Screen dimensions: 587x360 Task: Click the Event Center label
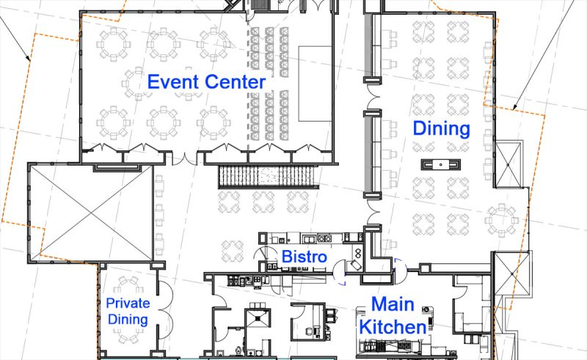pos(206,82)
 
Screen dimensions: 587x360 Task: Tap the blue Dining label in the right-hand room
pos(442,129)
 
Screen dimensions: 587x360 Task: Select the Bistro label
pos(304,257)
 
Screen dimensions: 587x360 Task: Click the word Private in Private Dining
pos(128,303)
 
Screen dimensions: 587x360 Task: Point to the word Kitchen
pos(393,327)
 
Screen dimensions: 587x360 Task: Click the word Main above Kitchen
pos(393,304)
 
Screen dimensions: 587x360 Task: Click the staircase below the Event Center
pos(268,177)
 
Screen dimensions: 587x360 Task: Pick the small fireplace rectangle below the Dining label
pos(441,164)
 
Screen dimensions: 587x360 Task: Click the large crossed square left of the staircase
pos(91,213)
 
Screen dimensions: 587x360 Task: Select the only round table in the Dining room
pos(502,220)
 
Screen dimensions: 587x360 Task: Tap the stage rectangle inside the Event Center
pos(315,84)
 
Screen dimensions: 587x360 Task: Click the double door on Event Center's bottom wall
pos(184,158)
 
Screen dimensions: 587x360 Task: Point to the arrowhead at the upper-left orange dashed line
pos(28,58)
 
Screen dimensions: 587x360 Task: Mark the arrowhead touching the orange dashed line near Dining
pos(514,107)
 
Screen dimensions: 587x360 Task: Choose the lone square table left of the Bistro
pos(233,251)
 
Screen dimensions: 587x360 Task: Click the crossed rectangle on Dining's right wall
pos(508,164)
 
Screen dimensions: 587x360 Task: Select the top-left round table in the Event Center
pos(113,44)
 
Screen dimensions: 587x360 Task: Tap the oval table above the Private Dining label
pos(128,285)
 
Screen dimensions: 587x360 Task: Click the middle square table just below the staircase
pos(263,202)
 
